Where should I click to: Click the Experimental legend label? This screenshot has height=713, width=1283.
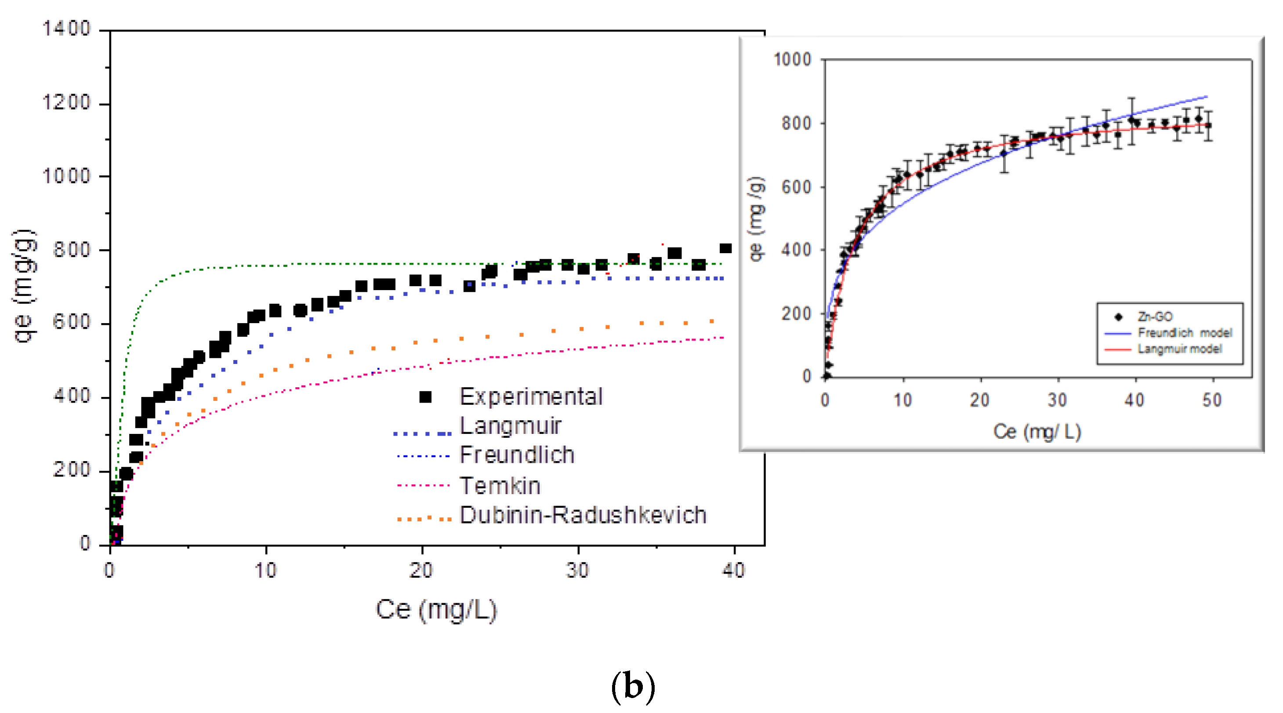[x=530, y=397]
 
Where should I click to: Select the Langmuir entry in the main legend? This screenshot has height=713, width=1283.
[x=510, y=426]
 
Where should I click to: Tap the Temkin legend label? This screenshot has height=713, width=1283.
[x=500, y=486]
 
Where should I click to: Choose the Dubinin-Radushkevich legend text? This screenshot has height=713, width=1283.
[x=583, y=515]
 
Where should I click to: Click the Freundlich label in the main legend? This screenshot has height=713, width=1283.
[x=517, y=455]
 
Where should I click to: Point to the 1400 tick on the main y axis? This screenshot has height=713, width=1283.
[x=66, y=29]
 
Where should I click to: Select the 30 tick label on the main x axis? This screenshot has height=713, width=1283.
[x=578, y=570]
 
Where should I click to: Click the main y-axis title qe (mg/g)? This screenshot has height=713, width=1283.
[x=24, y=286]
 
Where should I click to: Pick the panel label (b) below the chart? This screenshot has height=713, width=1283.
[x=633, y=688]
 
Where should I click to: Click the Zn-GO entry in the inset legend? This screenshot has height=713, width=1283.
[x=1155, y=317]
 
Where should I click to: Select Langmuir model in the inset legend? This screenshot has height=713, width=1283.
[x=1179, y=349]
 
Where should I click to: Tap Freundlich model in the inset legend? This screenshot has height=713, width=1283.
[x=1185, y=333]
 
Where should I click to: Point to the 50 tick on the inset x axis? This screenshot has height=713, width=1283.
[x=1212, y=400]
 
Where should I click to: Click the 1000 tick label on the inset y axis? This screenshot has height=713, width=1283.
[x=792, y=60]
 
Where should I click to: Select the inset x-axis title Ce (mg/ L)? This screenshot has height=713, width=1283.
[x=1037, y=432]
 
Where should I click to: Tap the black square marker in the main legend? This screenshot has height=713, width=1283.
[x=425, y=397]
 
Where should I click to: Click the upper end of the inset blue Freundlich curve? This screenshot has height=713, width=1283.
[x=1207, y=96]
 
